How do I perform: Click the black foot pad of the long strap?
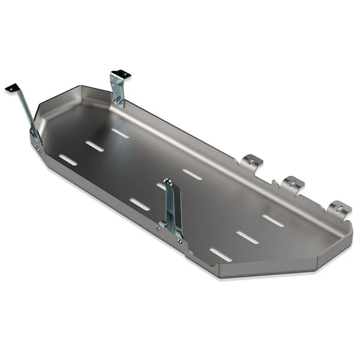[12, 88]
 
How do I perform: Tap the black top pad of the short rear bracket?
[121, 74]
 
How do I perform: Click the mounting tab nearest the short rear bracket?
[252, 161]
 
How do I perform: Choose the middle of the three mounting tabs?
[293, 183]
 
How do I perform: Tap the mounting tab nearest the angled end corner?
[340, 208]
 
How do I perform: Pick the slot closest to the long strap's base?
[68, 160]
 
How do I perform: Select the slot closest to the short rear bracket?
[120, 133]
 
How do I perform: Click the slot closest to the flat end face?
[220, 254]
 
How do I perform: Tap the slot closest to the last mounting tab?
[273, 221]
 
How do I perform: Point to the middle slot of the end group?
[247, 238]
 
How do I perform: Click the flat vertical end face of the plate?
[267, 267]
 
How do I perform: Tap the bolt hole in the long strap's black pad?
[11, 88]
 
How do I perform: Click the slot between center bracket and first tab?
[192, 174]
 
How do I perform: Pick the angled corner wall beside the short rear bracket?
[96, 94]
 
